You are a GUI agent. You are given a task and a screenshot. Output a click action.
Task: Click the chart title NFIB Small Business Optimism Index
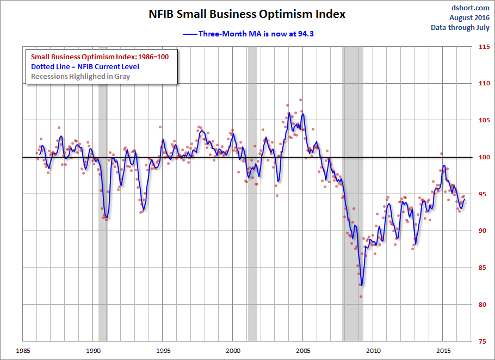pyautogui.click(x=247, y=14)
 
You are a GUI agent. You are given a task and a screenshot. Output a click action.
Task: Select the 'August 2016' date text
pyautogui.click(x=471, y=17)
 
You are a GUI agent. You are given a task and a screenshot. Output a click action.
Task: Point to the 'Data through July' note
pyautogui.click(x=460, y=27)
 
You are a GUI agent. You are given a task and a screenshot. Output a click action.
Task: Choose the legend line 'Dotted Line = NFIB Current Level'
pyautogui.click(x=85, y=66)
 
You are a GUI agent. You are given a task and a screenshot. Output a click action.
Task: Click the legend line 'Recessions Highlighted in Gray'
pyautogui.click(x=81, y=76)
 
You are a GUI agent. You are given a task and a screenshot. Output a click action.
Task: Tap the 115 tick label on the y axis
pyautogui.click(x=483, y=47)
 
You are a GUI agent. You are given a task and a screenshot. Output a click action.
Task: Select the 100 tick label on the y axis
pyautogui.click(x=483, y=157)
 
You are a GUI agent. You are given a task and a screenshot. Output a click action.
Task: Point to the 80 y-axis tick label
pyautogui.click(x=483, y=305)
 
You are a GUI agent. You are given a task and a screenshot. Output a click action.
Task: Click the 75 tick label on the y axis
pyautogui.click(x=483, y=342)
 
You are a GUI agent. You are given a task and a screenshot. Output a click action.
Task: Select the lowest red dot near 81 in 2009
pyautogui.click(x=361, y=297)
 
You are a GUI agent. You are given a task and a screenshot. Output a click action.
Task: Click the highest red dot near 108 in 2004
pyautogui.click(x=300, y=100)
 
